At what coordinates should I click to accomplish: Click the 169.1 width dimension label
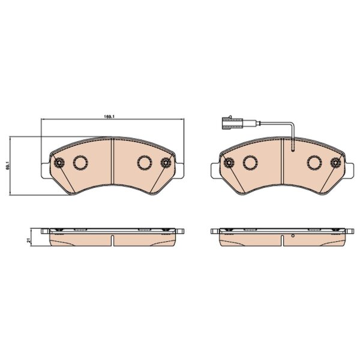(109, 116)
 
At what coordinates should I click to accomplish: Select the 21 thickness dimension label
(29, 241)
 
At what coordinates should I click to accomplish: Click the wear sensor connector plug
(232, 123)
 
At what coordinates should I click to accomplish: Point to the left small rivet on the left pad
(59, 163)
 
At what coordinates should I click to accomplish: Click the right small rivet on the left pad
(166, 163)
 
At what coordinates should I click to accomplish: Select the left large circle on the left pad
(80, 163)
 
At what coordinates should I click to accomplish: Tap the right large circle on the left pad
(145, 163)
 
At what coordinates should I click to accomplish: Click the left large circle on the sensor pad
(250, 163)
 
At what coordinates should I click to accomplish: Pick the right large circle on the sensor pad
(315, 163)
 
